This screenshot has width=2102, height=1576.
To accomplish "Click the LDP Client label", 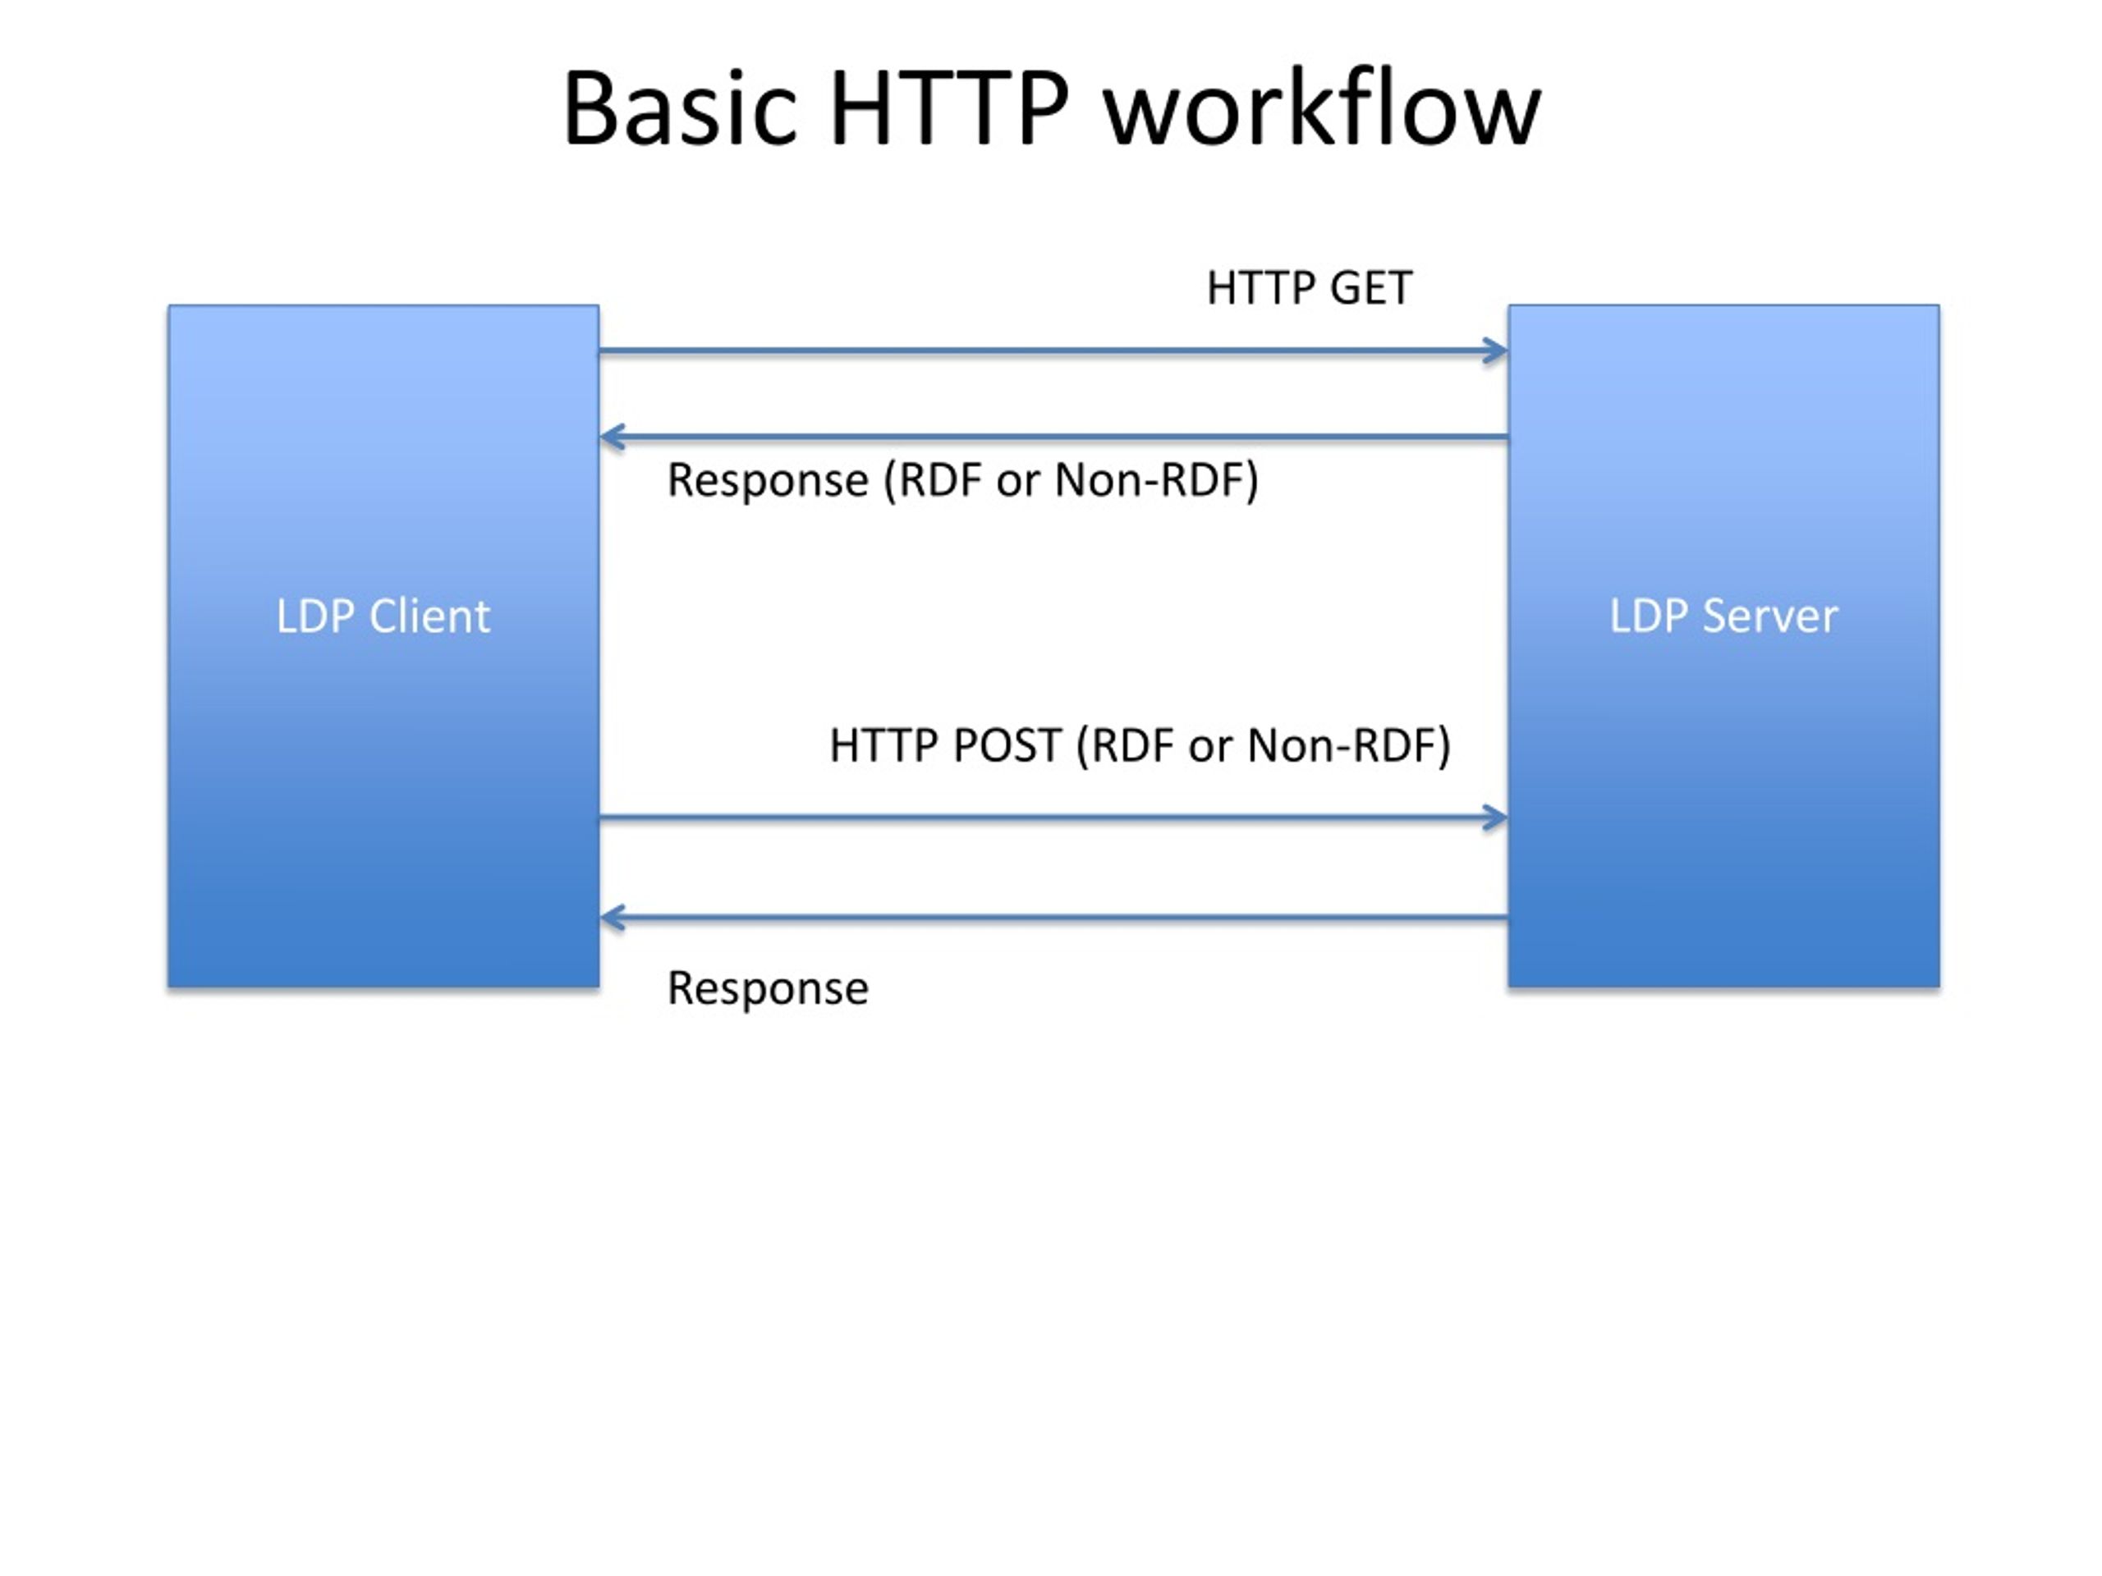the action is pos(383,616).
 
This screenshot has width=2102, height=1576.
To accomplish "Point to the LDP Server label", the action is pos(1723,616).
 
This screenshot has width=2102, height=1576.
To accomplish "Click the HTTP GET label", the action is pos(1309,288).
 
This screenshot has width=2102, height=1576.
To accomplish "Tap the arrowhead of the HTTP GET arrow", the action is pos(1497,350).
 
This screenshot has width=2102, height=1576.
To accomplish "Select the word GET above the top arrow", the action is pos(1370,288).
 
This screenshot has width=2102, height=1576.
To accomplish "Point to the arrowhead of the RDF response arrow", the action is pos(612,437).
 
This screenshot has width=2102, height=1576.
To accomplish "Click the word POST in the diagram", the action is pos(1007,745).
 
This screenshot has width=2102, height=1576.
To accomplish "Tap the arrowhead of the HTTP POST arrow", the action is pos(1497,817).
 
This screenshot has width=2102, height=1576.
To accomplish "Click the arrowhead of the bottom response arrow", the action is pos(612,918).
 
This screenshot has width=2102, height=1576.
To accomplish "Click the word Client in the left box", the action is pos(429,616).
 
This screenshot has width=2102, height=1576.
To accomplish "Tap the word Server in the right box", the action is pos(1770,616).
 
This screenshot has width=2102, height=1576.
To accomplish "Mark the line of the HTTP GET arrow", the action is pos(1053,350).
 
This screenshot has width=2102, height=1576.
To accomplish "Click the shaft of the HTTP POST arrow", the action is pos(1053,817).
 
